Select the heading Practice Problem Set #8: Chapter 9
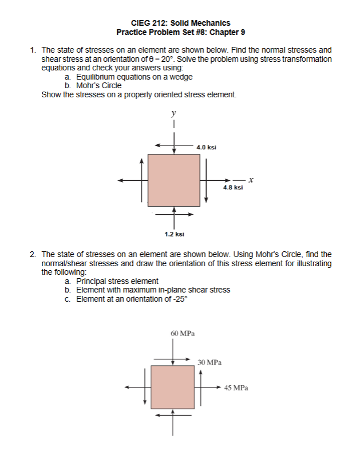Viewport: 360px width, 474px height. tap(180, 33)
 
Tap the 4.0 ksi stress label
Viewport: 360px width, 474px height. tap(206, 147)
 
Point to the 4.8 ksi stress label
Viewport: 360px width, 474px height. tap(233, 187)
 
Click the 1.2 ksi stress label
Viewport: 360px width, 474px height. tap(174, 234)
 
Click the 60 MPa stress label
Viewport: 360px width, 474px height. tap(181, 333)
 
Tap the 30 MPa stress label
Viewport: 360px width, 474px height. tap(209, 362)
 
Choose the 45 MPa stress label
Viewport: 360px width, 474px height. tap(236, 388)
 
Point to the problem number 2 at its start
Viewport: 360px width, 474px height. tap(34, 254)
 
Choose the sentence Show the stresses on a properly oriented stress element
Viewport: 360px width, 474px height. tap(139, 94)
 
